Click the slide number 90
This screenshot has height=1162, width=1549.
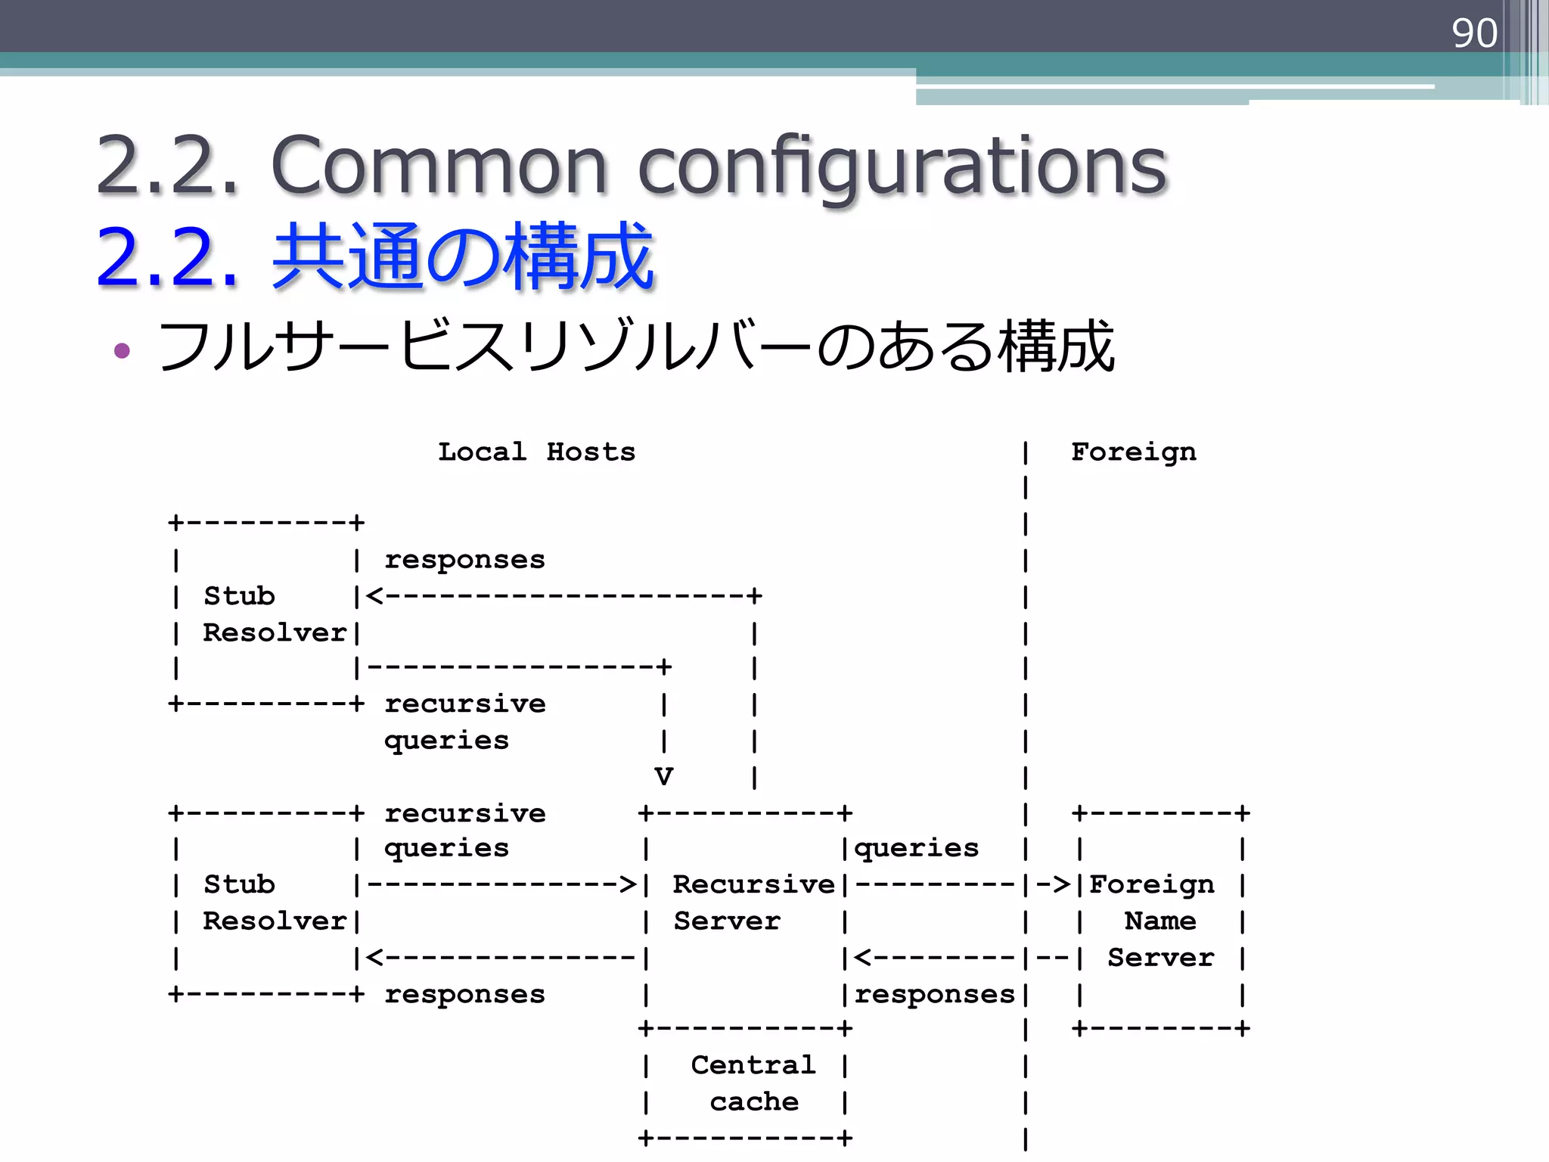coord(1473,33)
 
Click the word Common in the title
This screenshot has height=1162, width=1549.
coord(439,165)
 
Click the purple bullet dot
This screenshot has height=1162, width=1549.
coord(122,350)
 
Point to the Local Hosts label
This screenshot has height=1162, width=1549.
coord(536,452)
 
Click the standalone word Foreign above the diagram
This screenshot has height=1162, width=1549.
coord(1133,452)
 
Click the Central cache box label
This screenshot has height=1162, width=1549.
coord(753,1083)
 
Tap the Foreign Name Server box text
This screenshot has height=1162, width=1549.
coord(1159,920)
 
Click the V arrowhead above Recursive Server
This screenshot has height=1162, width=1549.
coord(663,776)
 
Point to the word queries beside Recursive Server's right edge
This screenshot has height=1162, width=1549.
coord(916,847)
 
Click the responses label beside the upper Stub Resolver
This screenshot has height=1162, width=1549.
coord(464,559)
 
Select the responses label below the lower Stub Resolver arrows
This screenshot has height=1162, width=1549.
coord(464,993)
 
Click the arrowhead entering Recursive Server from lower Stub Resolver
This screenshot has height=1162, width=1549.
coord(628,884)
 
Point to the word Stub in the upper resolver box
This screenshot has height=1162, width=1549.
coord(239,595)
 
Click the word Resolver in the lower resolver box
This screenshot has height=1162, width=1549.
coord(274,920)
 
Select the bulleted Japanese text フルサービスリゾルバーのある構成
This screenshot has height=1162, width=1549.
coord(635,346)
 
